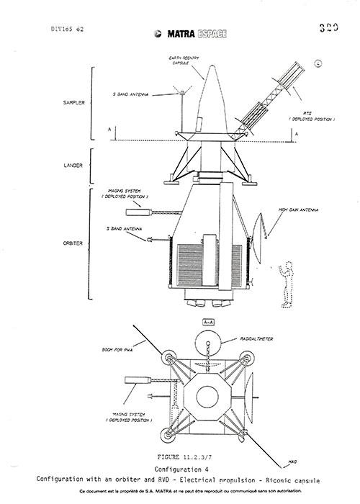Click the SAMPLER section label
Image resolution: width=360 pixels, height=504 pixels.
[74, 103]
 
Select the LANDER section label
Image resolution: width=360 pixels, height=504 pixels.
[74, 166]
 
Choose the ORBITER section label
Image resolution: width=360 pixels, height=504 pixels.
[74, 243]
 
